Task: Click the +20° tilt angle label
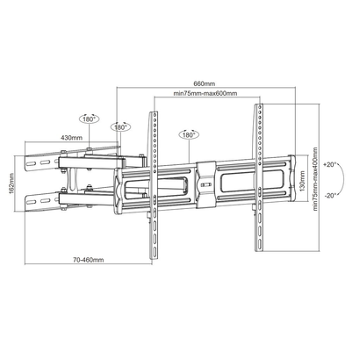330,163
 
